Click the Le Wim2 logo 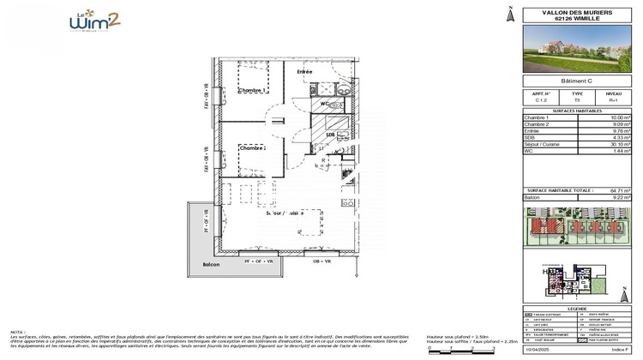(94, 21)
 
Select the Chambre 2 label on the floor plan (252, 148)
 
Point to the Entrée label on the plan (304, 72)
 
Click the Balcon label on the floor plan (211, 265)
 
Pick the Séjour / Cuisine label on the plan (284, 213)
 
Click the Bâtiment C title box (577, 81)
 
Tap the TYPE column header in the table (577, 94)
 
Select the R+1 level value (613, 101)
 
